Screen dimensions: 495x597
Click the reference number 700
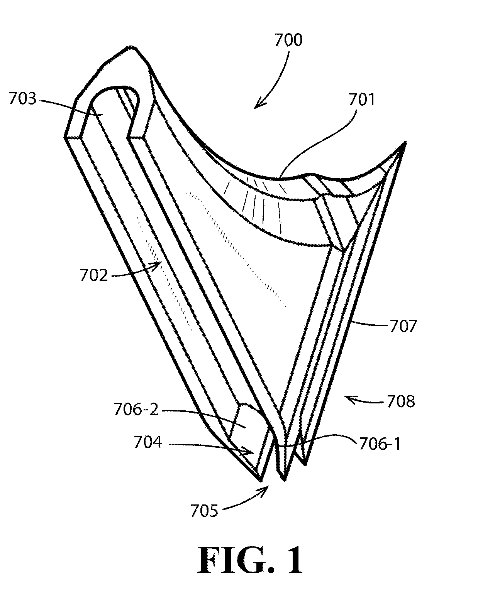(288, 40)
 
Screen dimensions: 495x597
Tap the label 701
(361, 100)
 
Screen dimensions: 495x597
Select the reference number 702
(93, 276)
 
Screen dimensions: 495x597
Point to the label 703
(23, 98)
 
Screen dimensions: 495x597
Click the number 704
(148, 442)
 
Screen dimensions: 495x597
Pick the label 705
(204, 511)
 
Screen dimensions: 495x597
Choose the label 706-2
(136, 410)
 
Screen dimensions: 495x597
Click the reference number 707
(403, 326)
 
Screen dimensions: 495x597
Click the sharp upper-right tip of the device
(405, 142)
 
